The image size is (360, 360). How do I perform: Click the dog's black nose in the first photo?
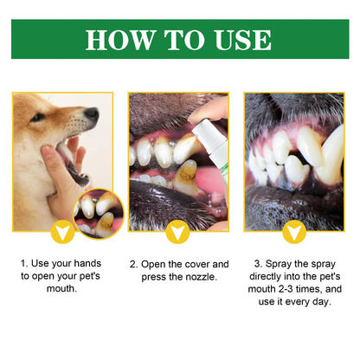(x=92, y=114)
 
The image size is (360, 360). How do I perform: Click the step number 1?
(x=22, y=264)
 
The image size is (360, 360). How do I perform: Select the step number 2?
(x=133, y=264)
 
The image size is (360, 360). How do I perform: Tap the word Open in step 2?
(x=152, y=264)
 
